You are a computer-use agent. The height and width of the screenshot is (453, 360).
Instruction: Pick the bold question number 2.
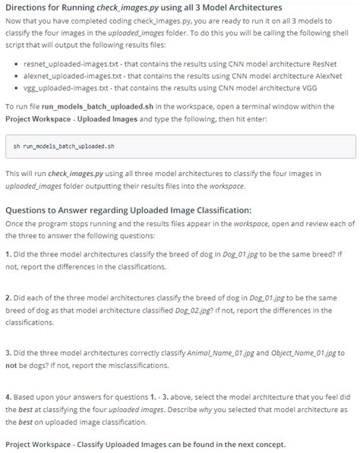(8, 299)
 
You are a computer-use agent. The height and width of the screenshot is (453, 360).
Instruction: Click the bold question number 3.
(8, 353)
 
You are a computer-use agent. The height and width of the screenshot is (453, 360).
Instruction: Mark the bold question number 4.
(8, 395)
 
